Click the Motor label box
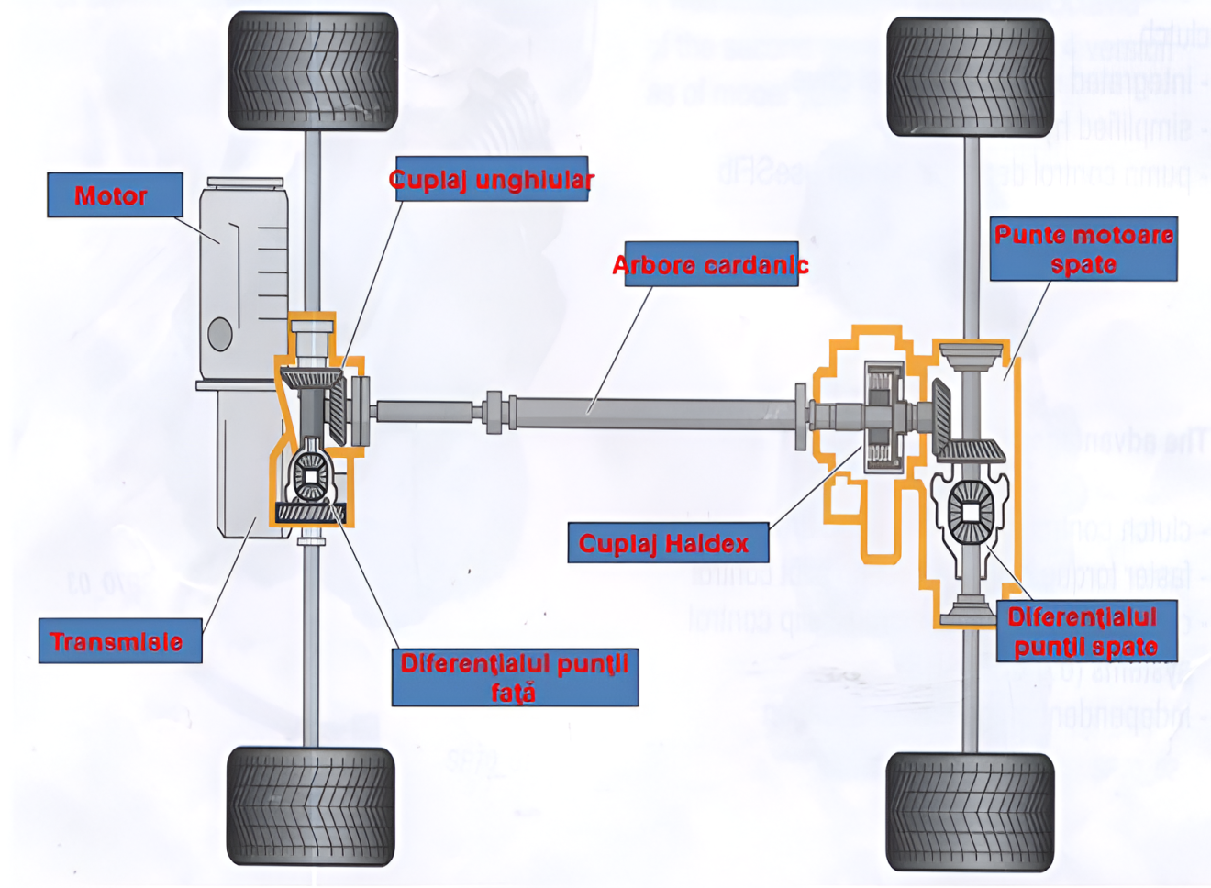click(x=115, y=195)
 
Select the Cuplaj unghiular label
click(x=491, y=179)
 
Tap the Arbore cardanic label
click(x=711, y=265)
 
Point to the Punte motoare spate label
click(x=1083, y=249)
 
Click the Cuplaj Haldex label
click(x=667, y=543)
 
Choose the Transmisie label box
click(x=119, y=641)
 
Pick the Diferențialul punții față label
click(x=515, y=678)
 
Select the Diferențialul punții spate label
click(x=1085, y=632)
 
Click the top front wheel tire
click(x=313, y=71)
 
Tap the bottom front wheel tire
click(x=311, y=805)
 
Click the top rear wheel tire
click(x=970, y=77)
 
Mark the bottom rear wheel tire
click(x=970, y=812)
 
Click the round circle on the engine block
click(x=220, y=334)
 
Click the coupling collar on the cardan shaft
click(x=495, y=412)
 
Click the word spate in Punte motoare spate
click(x=1083, y=265)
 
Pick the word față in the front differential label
click(x=513, y=694)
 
